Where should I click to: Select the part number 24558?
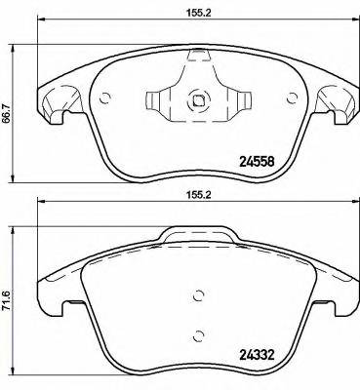pos(261,162)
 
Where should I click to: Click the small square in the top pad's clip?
pos(199,98)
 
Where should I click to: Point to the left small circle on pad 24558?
pos(106,96)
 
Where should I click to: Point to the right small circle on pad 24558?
pos(291,96)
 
